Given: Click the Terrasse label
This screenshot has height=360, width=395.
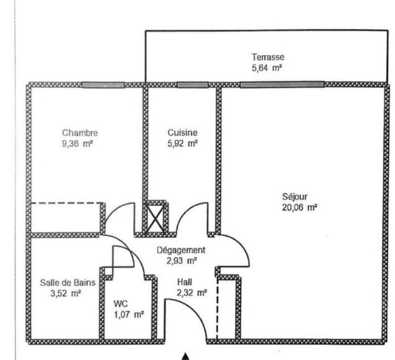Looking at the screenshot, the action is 268,57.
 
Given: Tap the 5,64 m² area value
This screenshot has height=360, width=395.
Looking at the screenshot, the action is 266,68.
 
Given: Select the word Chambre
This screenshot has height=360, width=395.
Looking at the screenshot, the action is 80,133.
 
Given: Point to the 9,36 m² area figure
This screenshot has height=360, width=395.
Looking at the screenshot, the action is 77,144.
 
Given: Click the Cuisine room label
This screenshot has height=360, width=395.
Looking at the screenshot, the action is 183,132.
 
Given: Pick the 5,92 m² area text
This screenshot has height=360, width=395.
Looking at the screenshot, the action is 183,143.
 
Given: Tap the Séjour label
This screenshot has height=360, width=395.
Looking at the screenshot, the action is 295,196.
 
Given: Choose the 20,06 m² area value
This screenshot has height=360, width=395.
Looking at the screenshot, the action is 299,208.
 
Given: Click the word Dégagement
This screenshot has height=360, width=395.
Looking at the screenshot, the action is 181,250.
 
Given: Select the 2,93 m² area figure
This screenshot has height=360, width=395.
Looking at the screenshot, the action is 181,261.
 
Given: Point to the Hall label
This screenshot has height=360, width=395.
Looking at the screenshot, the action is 185,282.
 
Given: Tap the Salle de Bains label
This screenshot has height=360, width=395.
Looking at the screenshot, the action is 68,283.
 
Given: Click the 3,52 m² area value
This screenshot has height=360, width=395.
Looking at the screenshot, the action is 66,293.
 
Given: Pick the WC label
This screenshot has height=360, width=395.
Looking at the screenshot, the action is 120,304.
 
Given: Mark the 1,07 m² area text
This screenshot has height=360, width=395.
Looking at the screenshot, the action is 129,315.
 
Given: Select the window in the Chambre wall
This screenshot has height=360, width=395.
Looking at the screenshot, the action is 103,85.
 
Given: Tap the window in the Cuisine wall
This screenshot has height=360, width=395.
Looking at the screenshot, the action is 193,85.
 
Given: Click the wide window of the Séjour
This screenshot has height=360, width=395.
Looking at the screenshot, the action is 282,84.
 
